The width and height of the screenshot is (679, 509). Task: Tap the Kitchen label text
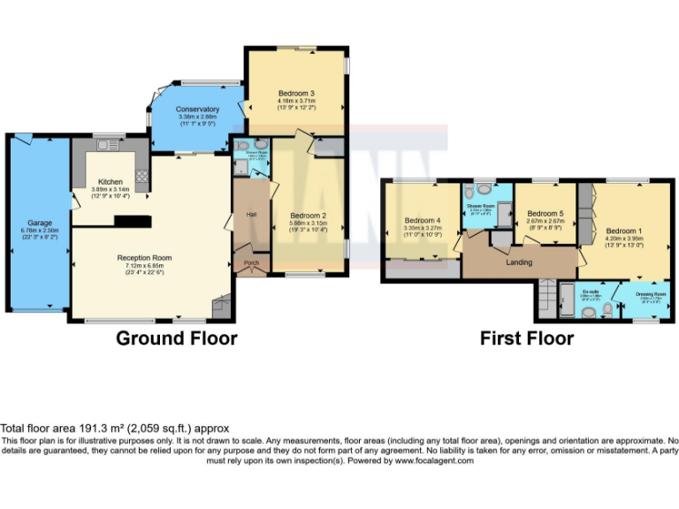pos(111,181)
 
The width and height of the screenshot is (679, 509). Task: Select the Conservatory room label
pos(197,110)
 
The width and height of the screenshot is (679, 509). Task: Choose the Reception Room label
pos(144,258)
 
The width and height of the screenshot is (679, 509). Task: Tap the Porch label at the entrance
pos(251,262)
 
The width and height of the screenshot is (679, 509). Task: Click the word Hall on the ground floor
pos(251,214)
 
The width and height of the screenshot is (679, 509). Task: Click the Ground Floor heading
pos(177,338)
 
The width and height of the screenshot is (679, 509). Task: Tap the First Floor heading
pos(527,338)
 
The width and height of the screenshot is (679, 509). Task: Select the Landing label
pos(518,262)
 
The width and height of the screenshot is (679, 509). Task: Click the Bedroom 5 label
pos(545,214)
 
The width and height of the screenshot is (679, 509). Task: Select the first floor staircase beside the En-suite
pos(542,300)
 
